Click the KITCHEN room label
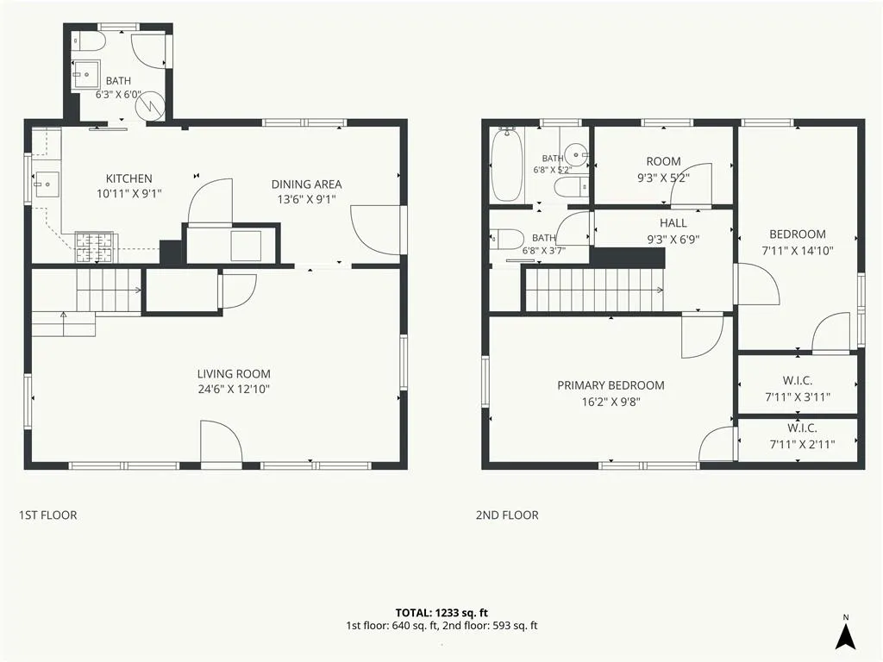129,178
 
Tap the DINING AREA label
306,184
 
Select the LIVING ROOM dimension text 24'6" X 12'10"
234,389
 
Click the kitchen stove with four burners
95,247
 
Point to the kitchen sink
47,184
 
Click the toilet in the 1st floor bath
89,41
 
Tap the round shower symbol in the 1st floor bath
150,104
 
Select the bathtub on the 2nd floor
507,165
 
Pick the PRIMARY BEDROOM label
611,385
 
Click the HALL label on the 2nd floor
673,223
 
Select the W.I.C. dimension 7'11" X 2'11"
802,445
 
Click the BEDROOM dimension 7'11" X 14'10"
798,251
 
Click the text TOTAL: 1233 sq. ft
441,613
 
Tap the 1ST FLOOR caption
48,515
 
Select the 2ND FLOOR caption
507,515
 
